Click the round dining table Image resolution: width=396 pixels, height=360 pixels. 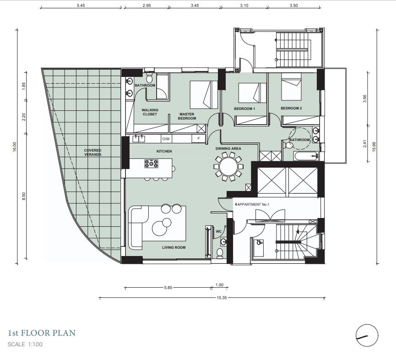coord(228,166)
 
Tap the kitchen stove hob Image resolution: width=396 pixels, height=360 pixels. coord(151,164)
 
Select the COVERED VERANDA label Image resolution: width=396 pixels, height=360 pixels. coord(92,153)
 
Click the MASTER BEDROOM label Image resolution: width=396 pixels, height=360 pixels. coord(187,116)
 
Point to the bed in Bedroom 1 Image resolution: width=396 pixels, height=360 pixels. coord(253,93)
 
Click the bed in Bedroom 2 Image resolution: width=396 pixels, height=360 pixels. coord(292,87)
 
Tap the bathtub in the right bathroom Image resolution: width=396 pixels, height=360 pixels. coord(306,156)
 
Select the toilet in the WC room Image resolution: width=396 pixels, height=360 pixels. coord(220,253)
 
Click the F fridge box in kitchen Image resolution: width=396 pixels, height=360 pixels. coord(199,138)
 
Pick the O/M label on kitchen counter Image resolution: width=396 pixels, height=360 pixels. coord(166,139)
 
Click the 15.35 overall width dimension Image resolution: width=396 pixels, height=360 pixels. coord(221,298)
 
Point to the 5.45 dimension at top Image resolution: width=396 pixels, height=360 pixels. coord(81,5)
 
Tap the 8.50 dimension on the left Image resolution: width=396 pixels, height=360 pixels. coord(24,196)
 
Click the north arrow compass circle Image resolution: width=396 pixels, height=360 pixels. coord(367,335)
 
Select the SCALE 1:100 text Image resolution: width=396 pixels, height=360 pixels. coord(25,344)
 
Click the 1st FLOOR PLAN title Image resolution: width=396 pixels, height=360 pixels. coord(42,333)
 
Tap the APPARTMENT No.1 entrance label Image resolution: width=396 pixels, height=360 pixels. coord(253,204)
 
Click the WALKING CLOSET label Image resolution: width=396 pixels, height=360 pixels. coord(150,112)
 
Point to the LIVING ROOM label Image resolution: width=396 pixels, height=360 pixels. coord(174,247)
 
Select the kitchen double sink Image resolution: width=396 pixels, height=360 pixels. coord(138,139)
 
